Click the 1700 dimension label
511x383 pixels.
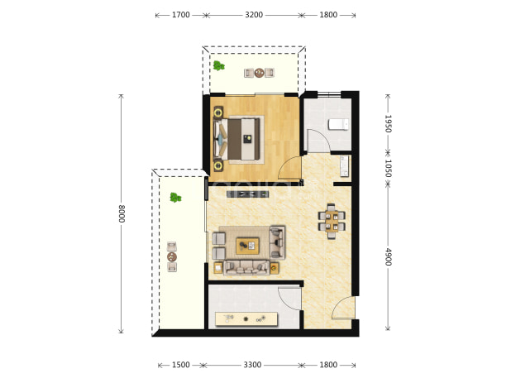[x=181, y=15]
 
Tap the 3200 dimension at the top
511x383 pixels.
[x=254, y=15]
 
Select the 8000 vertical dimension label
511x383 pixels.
[x=122, y=213]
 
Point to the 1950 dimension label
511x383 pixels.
[x=388, y=123]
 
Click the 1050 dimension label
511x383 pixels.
[x=388, y=168]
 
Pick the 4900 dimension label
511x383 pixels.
[x=388, y=257]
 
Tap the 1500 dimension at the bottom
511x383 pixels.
[x=181, y=365]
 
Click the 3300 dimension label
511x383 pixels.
[x=252, y=365]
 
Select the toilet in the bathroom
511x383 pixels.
[x=338, y=124]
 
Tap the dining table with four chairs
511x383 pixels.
[x=332, y=221]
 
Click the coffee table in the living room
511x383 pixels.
[x=248, y=246]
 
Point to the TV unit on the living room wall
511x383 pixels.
[x=248, y=194]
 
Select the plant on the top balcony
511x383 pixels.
[x=218, y=66]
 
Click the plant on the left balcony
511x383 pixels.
[x=175, y=197]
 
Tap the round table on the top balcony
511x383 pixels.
[x=260, y=73]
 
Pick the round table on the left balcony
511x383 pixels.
[x=172, y=257]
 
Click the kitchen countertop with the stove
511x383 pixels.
[x=246, y=319]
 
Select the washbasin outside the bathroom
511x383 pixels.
[x=345, y=166]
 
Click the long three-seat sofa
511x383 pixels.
[x=246, y=267]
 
